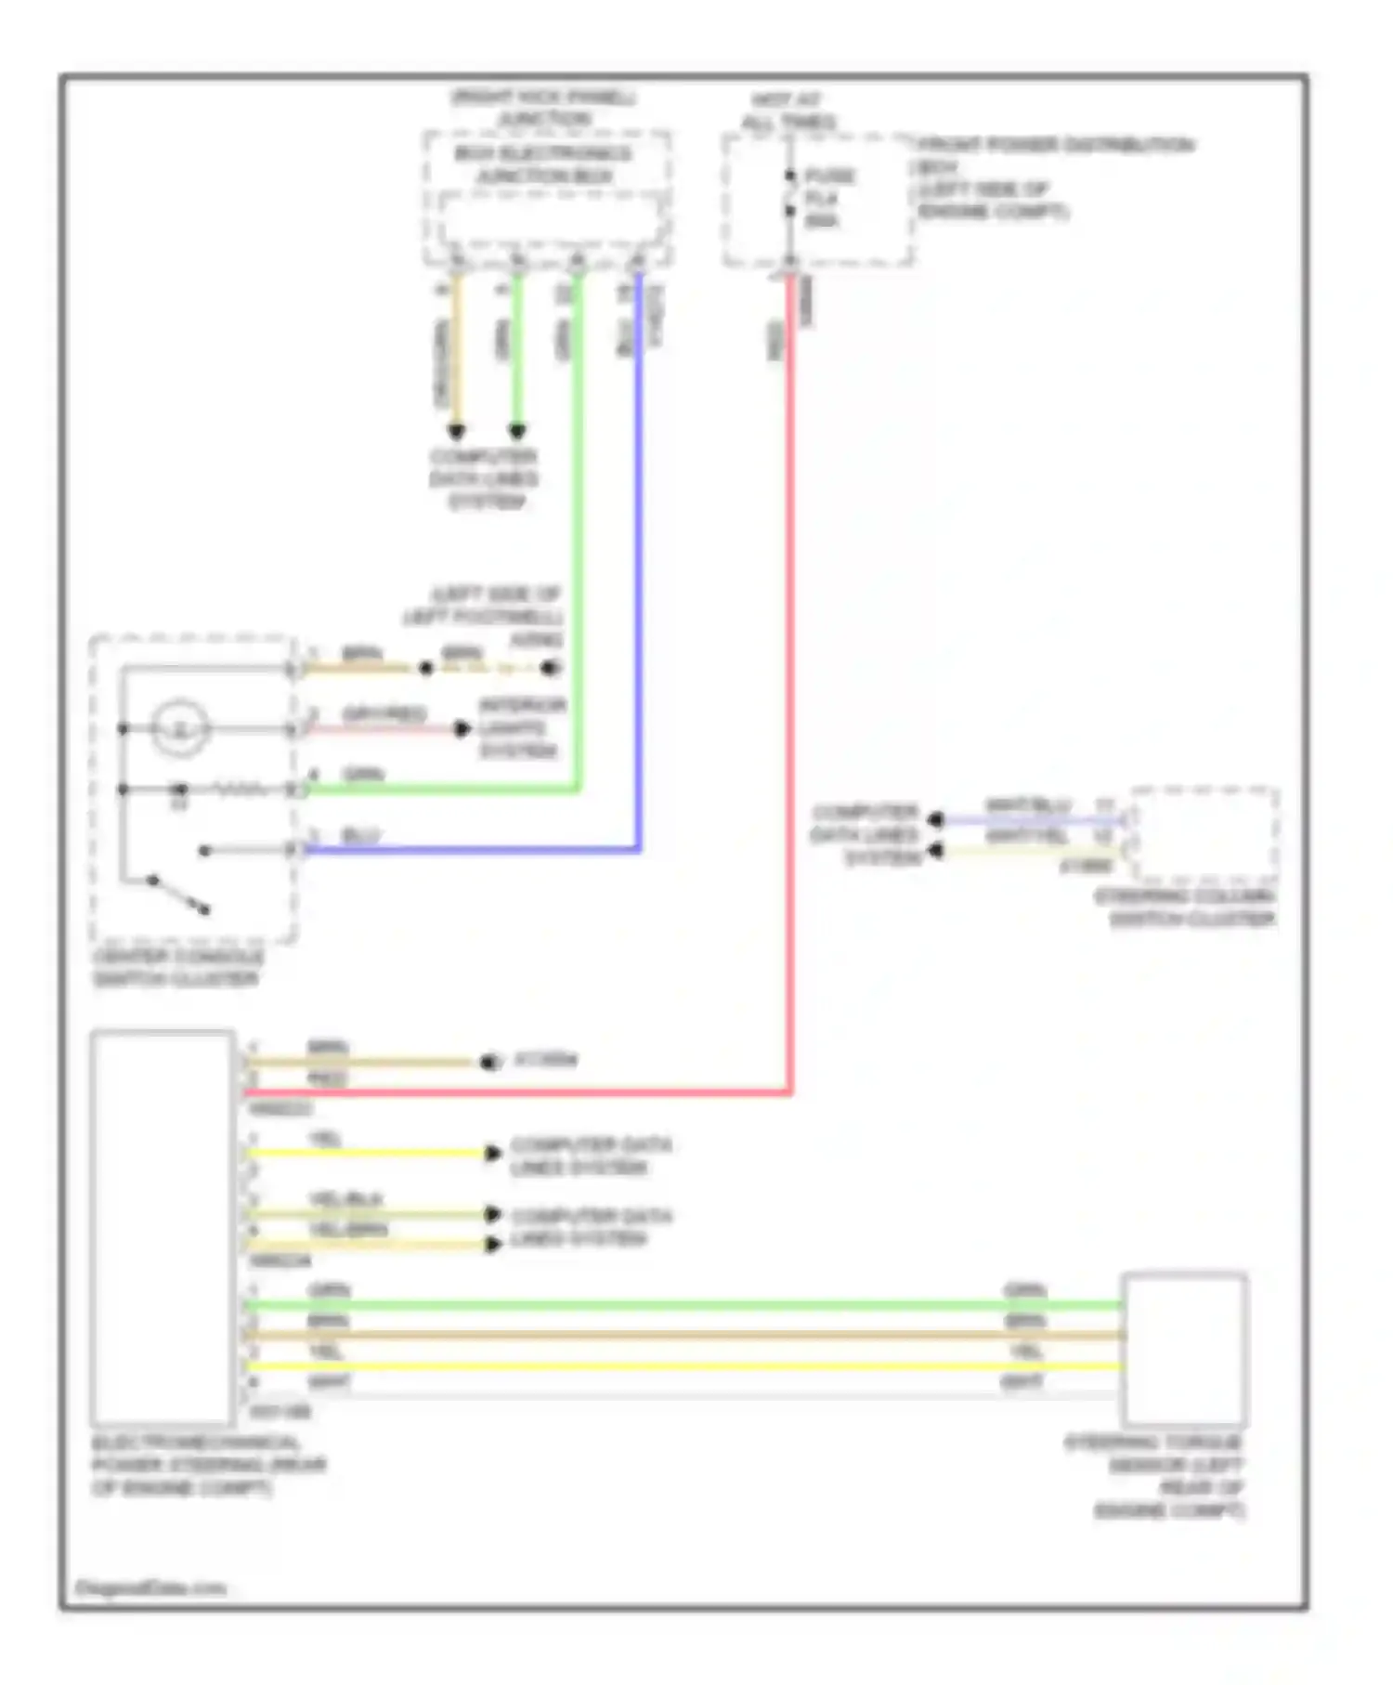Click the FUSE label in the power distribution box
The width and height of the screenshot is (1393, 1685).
829,176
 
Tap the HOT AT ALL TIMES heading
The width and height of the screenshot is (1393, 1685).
788,111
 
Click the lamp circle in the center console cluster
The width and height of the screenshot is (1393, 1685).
180,727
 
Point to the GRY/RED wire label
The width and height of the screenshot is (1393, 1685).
384,713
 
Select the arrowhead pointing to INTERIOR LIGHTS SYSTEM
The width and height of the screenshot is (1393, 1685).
462,729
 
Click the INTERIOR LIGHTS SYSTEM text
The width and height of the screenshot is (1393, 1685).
521,727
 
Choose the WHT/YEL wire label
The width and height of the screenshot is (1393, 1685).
1027,836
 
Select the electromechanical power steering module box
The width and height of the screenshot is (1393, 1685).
163,1226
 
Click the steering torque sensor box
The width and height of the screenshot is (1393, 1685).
1184,1349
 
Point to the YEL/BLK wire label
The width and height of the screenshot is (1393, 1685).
345,1199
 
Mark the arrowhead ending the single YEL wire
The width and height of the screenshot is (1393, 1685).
493,1154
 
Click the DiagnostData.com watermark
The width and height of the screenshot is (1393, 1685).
150,1587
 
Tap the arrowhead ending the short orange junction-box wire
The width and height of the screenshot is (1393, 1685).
456,431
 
